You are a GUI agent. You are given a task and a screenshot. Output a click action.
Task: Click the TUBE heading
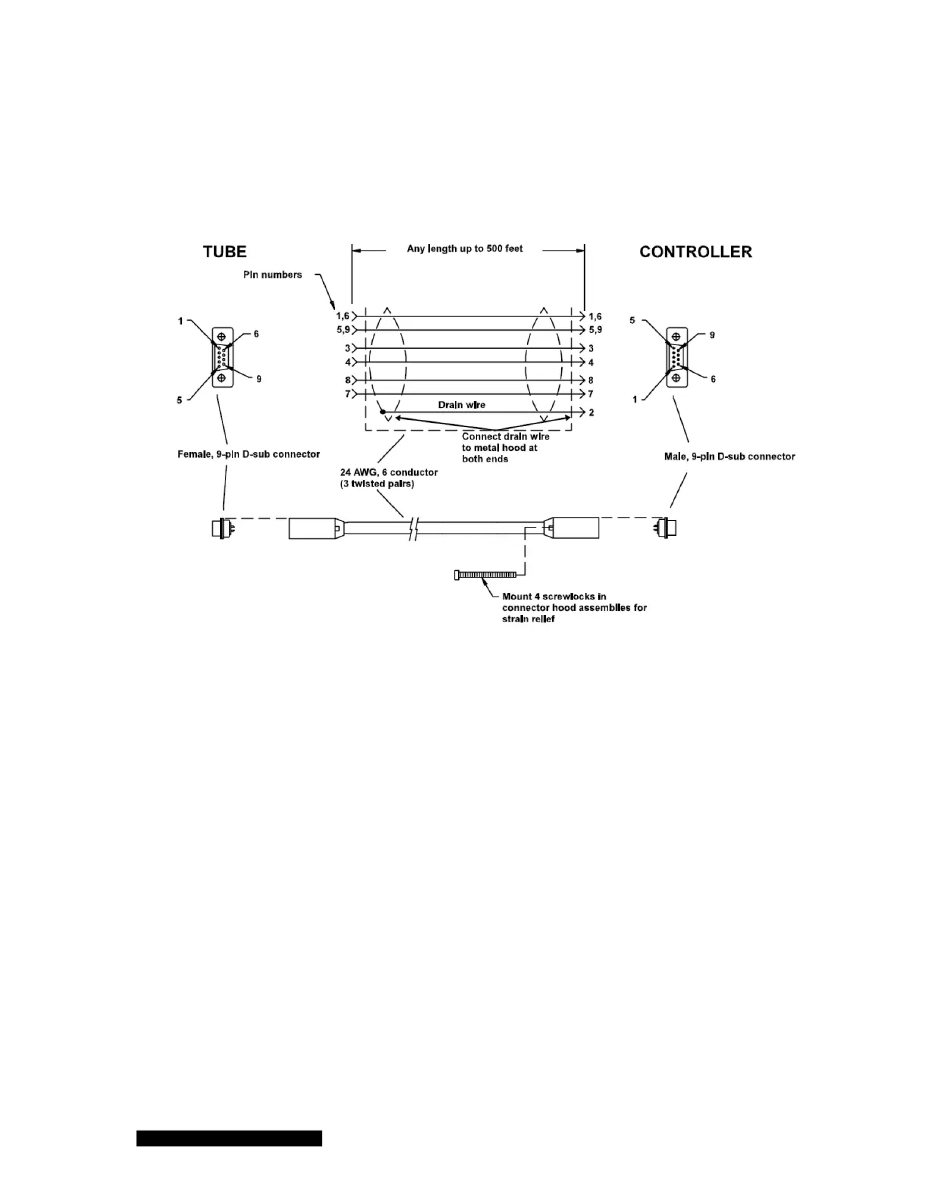[225, 252]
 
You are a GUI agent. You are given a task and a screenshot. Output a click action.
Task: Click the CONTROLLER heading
[695, 252]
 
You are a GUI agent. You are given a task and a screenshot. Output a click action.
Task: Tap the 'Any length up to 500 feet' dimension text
[465, 249]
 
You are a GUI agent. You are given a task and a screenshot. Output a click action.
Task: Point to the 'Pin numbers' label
[272, 274]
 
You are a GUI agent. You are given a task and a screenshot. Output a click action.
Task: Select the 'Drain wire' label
[462, 405]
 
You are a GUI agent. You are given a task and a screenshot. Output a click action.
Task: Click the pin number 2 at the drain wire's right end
[591, 412]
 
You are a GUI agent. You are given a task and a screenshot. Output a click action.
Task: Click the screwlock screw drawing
[486, 575]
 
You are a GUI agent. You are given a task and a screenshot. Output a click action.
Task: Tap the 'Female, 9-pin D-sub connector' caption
[249, 455]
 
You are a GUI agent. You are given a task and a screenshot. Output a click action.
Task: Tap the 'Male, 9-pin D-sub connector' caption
[724, 456]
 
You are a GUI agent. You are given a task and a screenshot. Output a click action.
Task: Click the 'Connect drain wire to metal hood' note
[506, 447]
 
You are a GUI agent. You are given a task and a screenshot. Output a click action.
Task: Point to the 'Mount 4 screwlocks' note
[574, 608]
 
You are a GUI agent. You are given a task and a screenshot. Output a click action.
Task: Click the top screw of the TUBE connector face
[221, 336]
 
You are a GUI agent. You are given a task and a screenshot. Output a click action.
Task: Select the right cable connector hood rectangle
[572, 528]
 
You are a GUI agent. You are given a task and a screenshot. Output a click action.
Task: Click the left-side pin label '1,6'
[343, 316]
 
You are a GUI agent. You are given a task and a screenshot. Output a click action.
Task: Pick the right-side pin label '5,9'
[595, 331]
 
